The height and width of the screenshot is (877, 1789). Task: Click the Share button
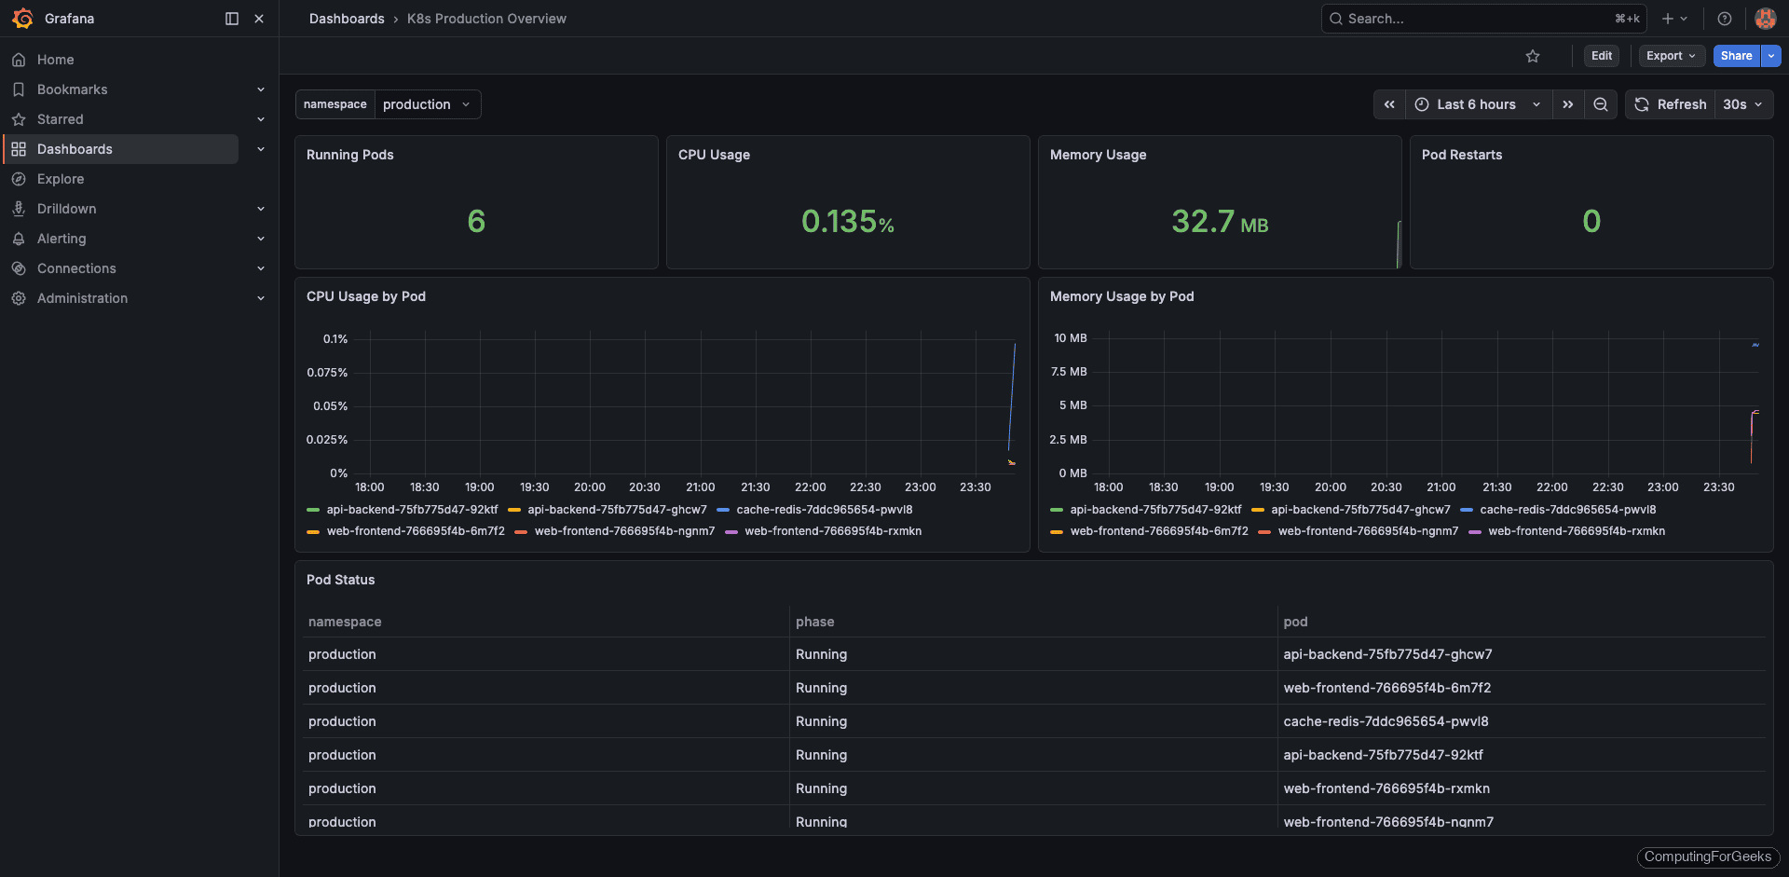pyautogui.click(x=1736, y=56)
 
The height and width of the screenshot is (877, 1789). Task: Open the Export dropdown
pyautogui.click(x=1671, y=56)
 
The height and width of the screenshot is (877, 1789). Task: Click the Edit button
pyautogui.click(x=1601, y=56)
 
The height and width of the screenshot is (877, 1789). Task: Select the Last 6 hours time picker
pyautogui.click(x=1478, y=104)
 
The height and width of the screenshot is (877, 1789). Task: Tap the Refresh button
pyautogui.click(x=1671, y=104)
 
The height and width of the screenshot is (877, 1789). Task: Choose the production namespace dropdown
pyautogui.click(x=426, y=104)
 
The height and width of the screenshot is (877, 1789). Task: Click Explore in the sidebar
pyautogui.click(x=61, y=179)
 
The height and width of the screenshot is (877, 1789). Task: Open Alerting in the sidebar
pyautogui.click(x=61, y=239)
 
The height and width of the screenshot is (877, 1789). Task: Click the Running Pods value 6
pyautogui.click(x=476, y=222)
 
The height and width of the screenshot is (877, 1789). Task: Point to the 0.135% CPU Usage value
pyautogui.click(x=847, y=222)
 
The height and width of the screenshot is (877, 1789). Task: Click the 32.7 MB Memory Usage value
pyautogui.click(x=1219, y=222)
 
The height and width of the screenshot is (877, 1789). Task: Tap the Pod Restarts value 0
pyautogui.click(x=1591, y=222)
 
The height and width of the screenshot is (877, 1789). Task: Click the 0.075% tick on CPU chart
pyautogui.click(x=327, y=373)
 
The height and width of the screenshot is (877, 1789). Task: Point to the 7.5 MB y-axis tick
pyautogui.click(x=1069, y=372)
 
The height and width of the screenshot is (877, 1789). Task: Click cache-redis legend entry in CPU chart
pyautogui.click(x=824, y=510)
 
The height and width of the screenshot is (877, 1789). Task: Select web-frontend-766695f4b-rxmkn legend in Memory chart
pyautogui.click(x=1576, y=531)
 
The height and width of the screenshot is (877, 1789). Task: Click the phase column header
pyautogui.click(x=814, y=622)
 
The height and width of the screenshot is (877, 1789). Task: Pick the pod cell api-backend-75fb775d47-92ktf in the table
pyautogui.click(x=1383, y=755)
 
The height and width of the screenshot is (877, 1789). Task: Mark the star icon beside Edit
pyautogui.click(x=1533, y=57)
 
